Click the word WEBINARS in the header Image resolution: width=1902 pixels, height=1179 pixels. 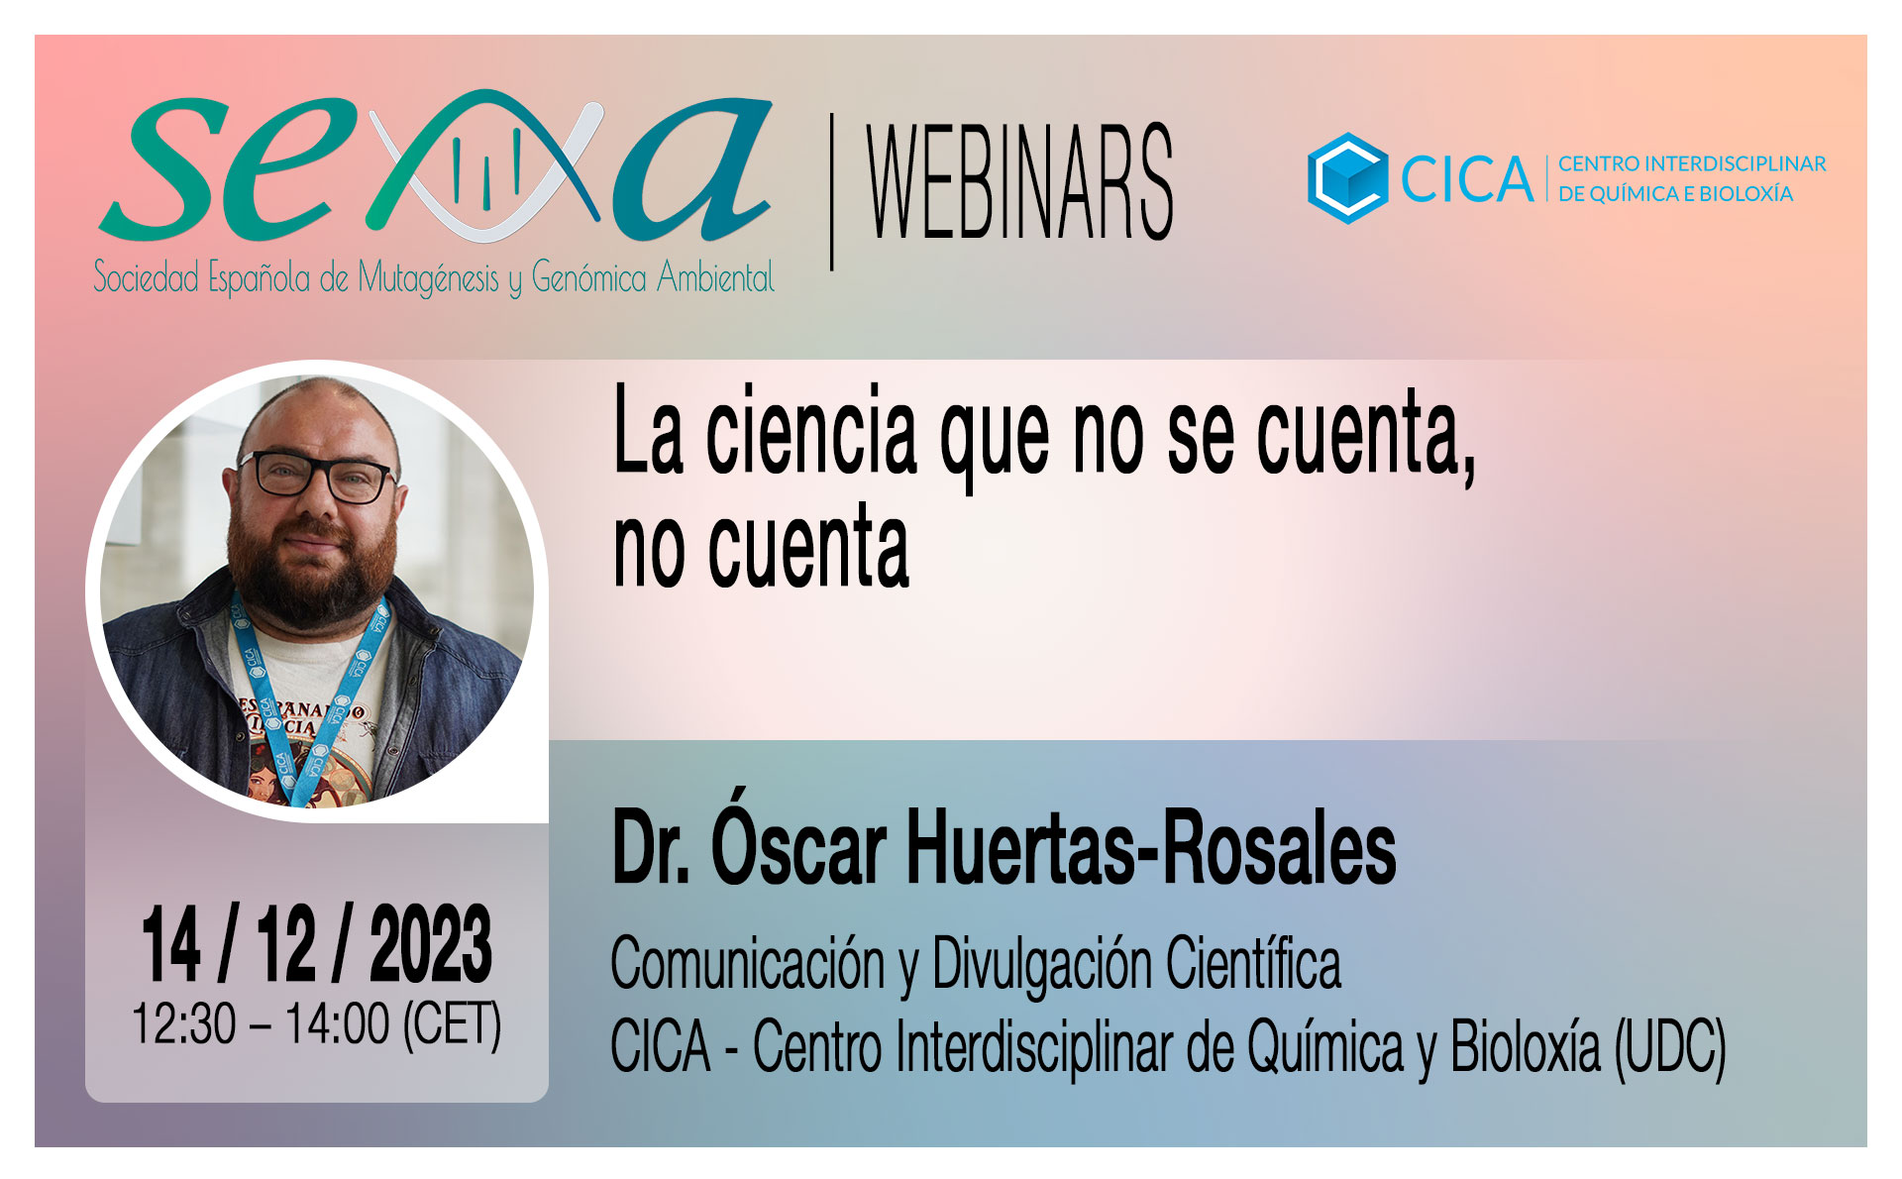tap(1020, 182)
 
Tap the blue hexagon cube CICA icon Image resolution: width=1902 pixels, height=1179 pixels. tap(1347, 178)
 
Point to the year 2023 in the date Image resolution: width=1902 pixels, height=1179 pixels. tap(431, 945)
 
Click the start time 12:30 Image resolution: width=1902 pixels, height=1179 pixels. tap(184, 1023)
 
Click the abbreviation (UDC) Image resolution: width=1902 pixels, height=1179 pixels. tap(1670, 1046)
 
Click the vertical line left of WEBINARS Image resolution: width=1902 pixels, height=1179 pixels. tap(831, 192)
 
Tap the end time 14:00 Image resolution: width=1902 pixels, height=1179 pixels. tap(338, 1023)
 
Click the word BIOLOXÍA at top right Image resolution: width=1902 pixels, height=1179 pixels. tap(1746, 193)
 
